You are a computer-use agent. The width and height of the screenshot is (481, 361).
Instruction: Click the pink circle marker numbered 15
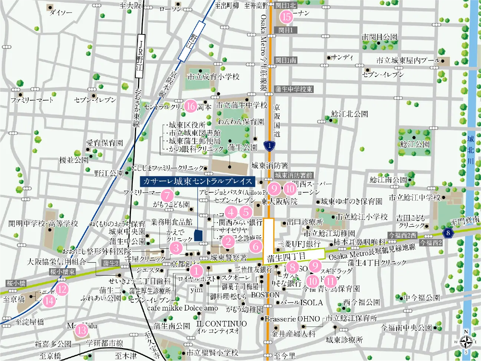click(x=286, y=17)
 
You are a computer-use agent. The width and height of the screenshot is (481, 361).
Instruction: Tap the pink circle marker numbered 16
click(x=191, y=106)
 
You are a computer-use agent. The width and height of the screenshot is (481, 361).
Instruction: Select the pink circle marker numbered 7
click(x=167, y=195)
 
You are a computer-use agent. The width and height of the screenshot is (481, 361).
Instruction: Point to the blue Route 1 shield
click(x=270, y=146)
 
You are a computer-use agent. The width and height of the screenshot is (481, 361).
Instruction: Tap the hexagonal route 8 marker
click(x=448, y=233)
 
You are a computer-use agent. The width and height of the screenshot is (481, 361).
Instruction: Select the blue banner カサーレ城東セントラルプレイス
click(x=197, y=181)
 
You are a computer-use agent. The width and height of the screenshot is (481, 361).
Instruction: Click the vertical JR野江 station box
click(x=140, y=56)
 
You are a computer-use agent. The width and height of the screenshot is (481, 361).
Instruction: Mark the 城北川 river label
click(x=471, y=150)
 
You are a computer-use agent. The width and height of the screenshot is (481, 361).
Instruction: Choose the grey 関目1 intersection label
click(x=286, y=30)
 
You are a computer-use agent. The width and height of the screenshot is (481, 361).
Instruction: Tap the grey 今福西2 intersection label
click(x=431, y=243)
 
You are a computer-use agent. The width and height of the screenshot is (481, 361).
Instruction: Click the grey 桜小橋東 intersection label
click(x=63, y=272)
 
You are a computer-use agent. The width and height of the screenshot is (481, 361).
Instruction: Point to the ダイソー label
click(x=61, y=13)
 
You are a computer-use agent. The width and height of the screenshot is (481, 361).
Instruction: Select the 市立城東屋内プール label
click(x=408, y=61)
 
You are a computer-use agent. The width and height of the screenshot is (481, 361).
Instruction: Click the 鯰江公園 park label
click(x=415, y=144)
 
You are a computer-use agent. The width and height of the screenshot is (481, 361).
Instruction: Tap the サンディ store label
click(x=342, y=58)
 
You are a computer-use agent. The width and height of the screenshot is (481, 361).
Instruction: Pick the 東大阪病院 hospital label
click(x=279, y=202)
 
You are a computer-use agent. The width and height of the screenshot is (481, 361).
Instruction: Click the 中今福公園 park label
click(x=421, y=298)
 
